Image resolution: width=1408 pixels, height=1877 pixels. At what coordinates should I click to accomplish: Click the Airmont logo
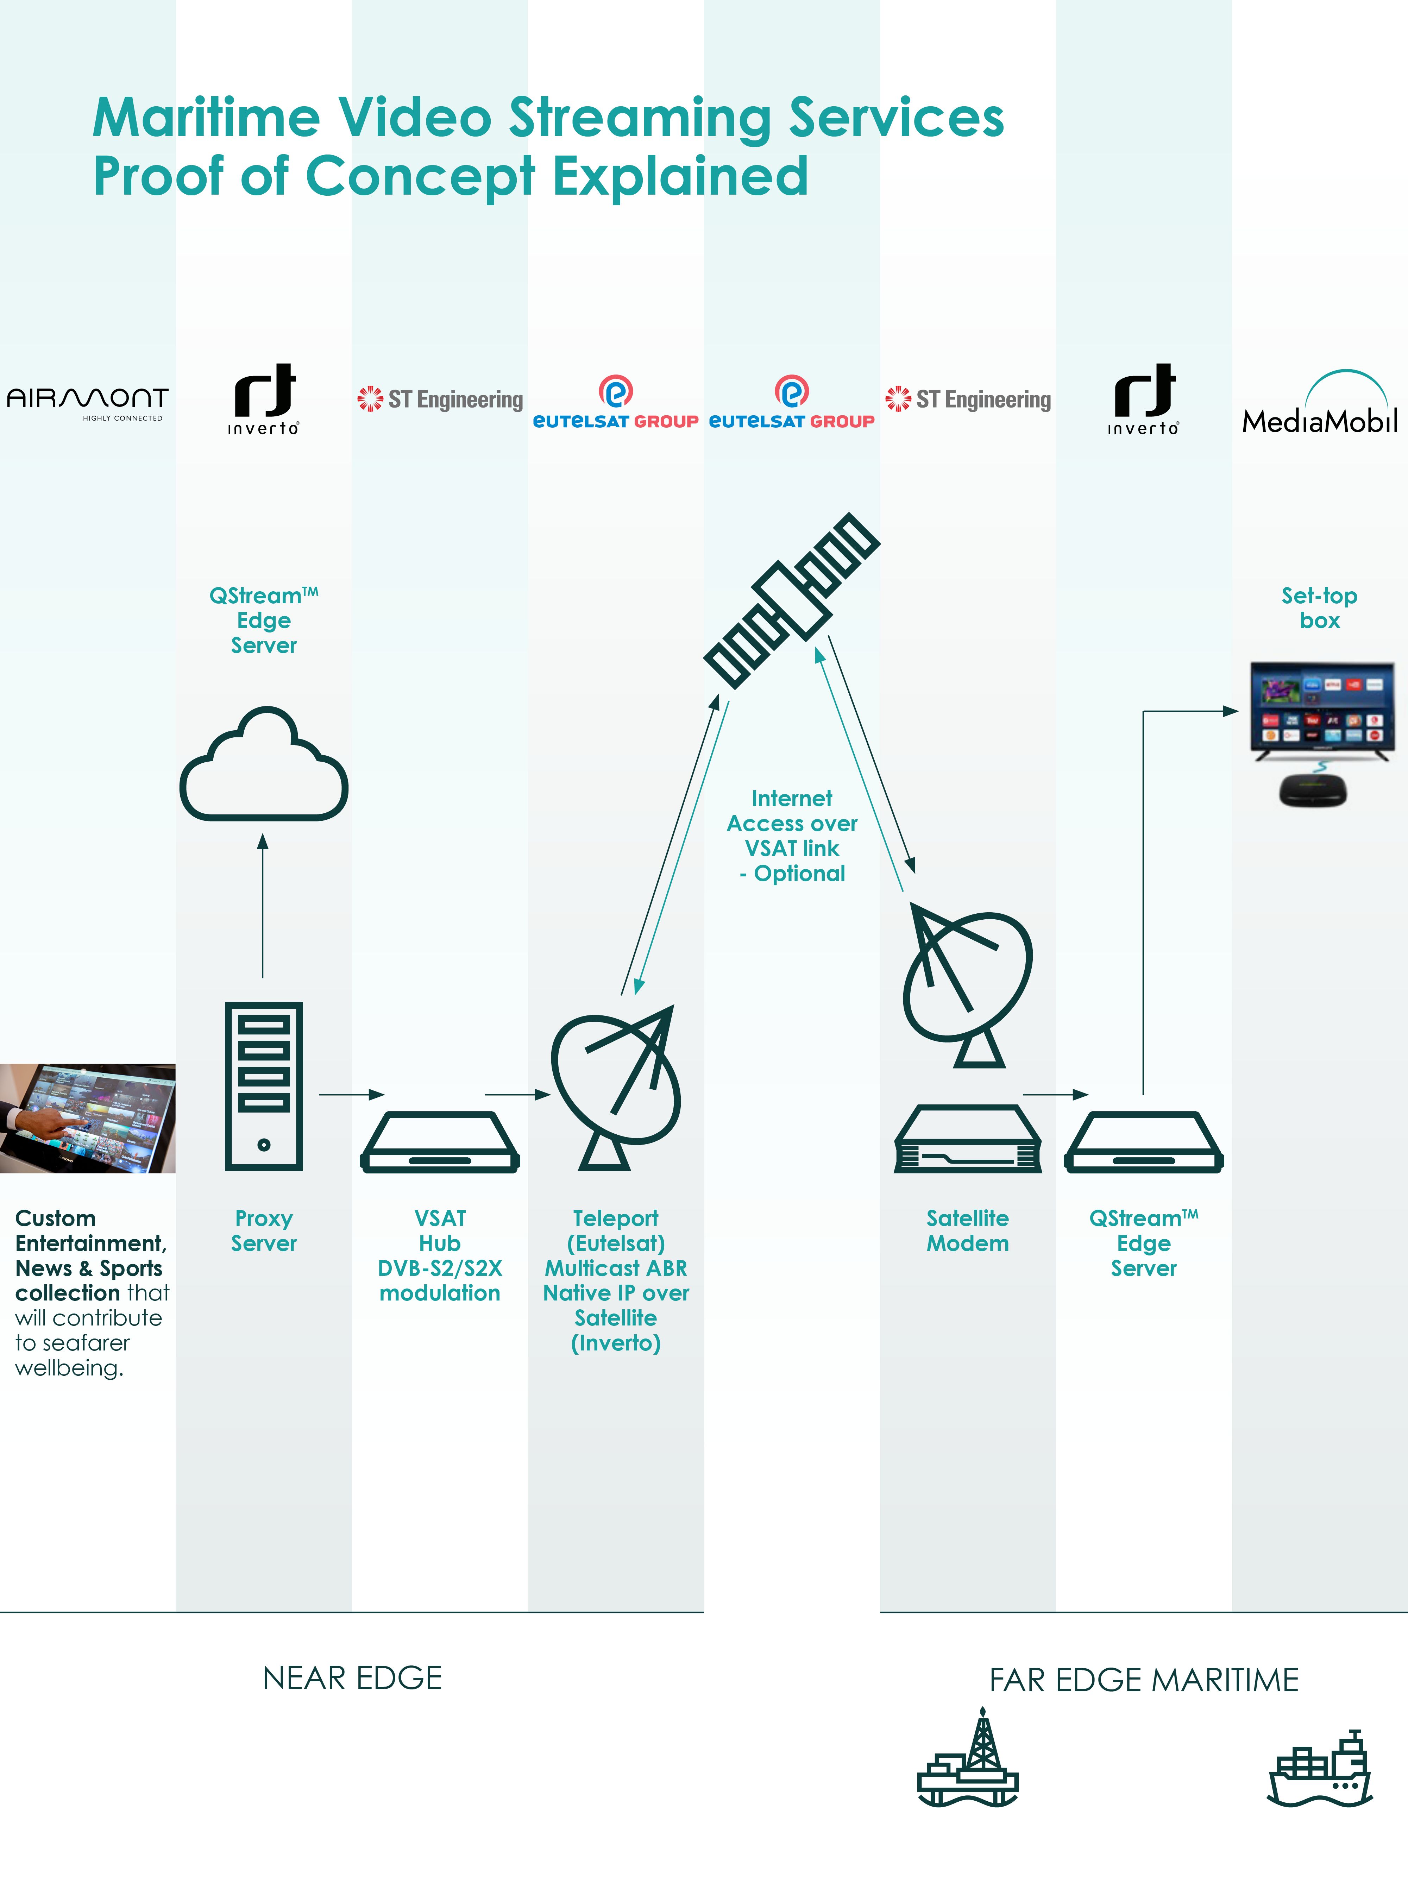pyautogui.click(x=87, y=401)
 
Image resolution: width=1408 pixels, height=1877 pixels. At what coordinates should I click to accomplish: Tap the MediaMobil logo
pyautogui.click(x=1320, y=405)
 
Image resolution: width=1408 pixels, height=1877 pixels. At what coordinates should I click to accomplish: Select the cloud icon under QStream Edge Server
pyautogui.click(x=264, y=766)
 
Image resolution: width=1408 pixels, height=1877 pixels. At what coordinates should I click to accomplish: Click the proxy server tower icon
pyautogui.click(x=264, y=1086)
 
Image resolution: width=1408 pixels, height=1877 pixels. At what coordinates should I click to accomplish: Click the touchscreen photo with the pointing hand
pyautogui.click(x=87, y=1119)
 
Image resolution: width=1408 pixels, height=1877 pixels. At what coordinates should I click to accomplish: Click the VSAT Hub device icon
pyautogui.click(x=440, y=1143)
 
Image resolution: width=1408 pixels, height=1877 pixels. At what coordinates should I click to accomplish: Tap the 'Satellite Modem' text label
pyautogui.click(x=968, y=1230)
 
